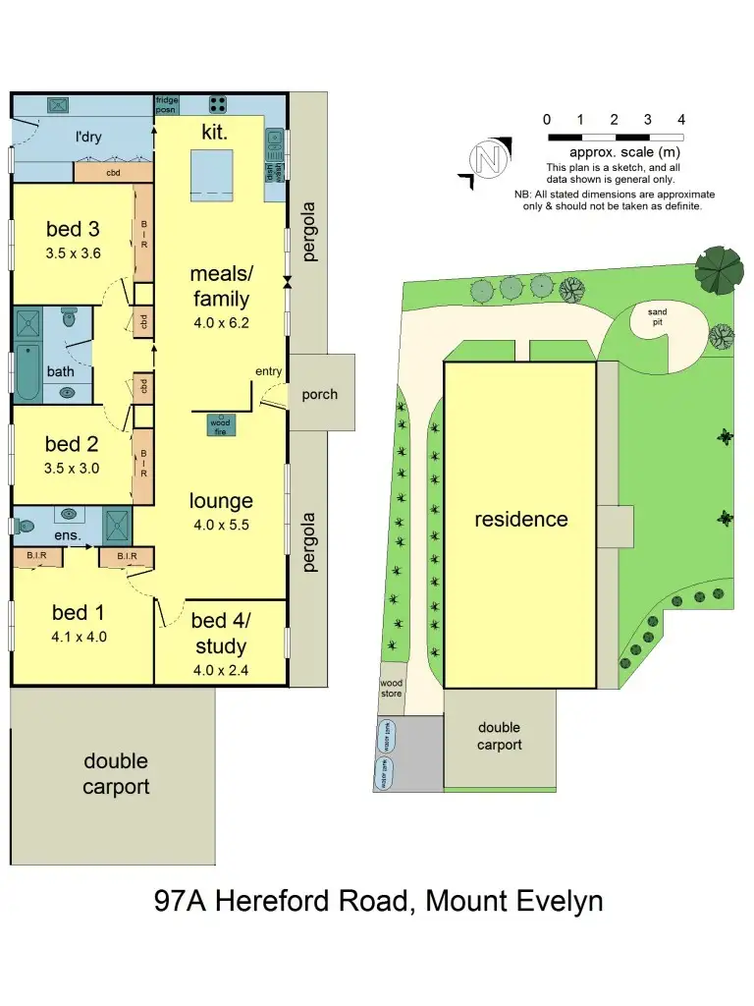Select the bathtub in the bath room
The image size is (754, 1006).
[x=27, y=372]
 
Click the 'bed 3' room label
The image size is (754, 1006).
[x=73, y=230]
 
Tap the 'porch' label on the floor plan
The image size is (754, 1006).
[x=320, y=395]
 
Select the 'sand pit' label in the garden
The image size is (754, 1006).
[x=657, y=316]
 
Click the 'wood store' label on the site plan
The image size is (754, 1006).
[x=391, y=688]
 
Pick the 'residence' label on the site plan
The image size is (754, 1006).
[x=521, y=519]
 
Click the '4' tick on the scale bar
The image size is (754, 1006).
[x=681, y=120]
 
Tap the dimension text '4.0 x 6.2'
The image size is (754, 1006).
[x=220, y=320]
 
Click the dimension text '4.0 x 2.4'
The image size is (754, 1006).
[x=220, y=671]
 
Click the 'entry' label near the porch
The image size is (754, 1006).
[x=268, y=370]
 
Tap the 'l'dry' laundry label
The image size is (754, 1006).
[x=88, y=138]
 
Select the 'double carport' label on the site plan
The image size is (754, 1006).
[x=500, y=736]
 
